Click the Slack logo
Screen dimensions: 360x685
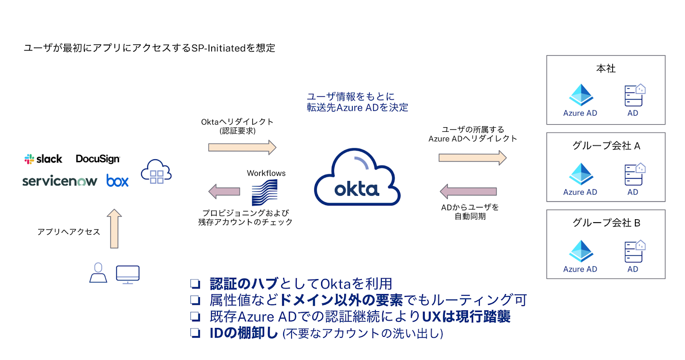point(43,159)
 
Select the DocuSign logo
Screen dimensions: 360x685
point(98,159)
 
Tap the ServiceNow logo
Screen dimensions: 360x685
point(60,181)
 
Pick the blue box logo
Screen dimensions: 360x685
point(117,181)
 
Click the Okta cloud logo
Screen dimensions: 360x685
point(357,178)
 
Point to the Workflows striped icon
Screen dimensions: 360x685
point(265,192)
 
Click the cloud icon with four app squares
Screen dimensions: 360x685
point(156,172)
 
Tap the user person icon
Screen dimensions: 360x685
point(98,273)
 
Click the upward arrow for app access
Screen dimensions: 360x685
point(114,229)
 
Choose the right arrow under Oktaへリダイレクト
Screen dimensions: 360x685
point(242,147)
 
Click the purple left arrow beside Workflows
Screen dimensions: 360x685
point(224,191)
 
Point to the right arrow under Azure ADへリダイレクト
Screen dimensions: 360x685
point(472,158)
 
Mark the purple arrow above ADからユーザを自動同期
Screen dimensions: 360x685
point(468,191)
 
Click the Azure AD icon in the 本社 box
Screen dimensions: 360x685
point(581,95)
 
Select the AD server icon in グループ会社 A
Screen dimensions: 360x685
point(634,174)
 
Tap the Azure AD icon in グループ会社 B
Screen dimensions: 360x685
point(581,251)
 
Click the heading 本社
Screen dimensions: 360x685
point(606,68)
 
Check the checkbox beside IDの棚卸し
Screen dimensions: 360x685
point(195,333)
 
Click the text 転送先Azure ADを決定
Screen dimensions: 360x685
point(357,107)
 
